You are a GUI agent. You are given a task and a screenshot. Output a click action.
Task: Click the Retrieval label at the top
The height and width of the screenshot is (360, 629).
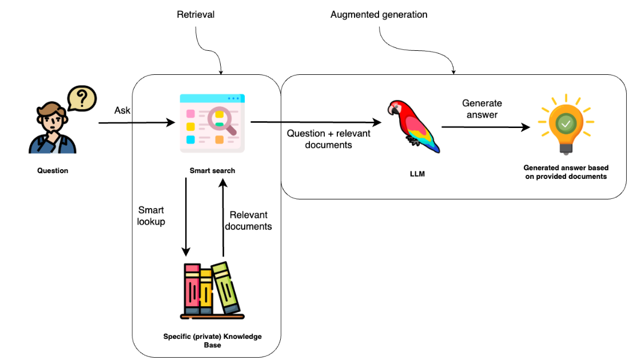coord(196,14)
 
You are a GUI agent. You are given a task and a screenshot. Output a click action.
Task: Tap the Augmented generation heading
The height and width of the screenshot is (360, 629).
coord(379,14)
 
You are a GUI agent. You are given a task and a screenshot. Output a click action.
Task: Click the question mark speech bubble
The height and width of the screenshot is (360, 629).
coord(81,98)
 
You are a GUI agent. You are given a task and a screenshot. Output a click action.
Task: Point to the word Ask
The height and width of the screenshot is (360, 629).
coord(123,110)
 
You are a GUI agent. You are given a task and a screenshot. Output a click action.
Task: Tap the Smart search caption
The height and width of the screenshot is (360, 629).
coord(212,170)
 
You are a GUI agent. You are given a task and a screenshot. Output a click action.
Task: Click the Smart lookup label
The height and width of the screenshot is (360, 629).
coord(152,216)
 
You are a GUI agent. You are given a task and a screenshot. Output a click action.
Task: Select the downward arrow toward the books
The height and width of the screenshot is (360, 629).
coord(186,217)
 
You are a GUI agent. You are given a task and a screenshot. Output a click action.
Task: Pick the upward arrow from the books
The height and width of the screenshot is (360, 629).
coord(224,217)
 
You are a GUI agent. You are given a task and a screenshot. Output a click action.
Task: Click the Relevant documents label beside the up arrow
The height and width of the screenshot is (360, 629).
coord(248,221)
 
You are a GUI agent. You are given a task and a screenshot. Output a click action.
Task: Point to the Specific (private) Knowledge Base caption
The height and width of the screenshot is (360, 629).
coord(212,341)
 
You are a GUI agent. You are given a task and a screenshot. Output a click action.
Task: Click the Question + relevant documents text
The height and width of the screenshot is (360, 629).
coord(328,139)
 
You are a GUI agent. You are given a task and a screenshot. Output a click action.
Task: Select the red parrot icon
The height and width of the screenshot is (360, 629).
coord(413,126)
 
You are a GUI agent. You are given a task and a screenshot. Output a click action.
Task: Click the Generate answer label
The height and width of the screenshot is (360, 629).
coord(481,109)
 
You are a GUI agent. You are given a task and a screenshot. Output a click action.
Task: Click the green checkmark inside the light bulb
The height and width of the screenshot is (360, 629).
coord(566,122)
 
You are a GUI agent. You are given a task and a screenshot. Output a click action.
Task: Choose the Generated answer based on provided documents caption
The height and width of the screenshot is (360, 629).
coord(566,172)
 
